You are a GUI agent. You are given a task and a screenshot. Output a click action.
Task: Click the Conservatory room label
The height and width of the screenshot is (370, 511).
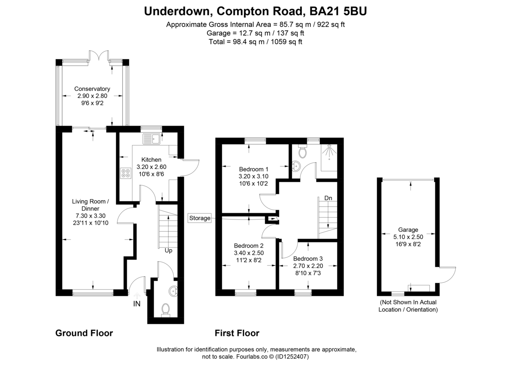pyautogui.click(x=92, y=89)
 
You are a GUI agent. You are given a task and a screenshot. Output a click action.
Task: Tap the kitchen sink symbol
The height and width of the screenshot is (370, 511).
pyautogui.click(x=151, y=137)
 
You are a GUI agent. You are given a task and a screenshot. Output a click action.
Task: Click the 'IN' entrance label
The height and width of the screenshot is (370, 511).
pyautogui.click(x=137, y=304)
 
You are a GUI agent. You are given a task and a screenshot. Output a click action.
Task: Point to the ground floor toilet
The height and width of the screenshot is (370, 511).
pyautogui.click(x=165, y=310)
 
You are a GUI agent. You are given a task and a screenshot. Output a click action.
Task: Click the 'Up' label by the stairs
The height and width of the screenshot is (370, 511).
pyautogui.click(x=169, y=250)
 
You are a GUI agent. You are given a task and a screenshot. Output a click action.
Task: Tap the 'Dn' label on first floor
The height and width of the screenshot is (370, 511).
pyautogui.click(x=328, y=198)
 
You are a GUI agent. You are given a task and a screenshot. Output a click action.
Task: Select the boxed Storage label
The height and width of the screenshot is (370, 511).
pyautogui.click(x=200, y=218)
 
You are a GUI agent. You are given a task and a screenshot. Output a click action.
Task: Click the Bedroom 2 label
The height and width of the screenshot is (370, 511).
pyautogui.click(x=249, y=245)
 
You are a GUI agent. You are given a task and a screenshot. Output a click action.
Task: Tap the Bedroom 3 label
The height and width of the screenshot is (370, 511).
pyautogui.click(x=308, y=259)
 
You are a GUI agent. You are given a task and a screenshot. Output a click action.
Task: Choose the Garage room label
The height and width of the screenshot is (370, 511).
pyautogui.click(x=408, y=229)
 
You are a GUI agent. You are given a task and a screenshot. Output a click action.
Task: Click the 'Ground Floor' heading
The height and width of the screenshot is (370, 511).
pyautogui.click(x=84, y=333)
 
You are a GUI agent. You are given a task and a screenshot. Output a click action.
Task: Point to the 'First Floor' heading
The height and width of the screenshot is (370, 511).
pyautogui.click(x=237, y=333)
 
